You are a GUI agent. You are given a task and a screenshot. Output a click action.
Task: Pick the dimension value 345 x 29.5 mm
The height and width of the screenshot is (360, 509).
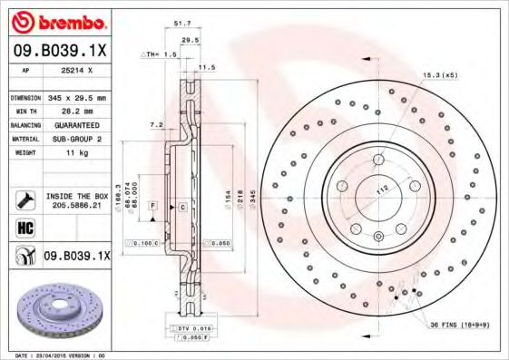(76, 97)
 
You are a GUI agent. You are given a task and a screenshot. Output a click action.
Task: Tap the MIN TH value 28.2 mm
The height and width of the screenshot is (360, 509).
(76, 111)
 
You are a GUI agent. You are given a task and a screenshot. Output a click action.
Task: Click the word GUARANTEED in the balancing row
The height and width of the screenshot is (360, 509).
(76, 125)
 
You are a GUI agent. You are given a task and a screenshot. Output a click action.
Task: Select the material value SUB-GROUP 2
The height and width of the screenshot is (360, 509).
(76, 139)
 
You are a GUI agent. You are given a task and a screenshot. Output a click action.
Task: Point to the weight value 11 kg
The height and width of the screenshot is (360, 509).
(76, 153)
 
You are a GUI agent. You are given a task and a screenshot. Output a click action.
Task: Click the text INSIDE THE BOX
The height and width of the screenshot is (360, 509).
(76, 196)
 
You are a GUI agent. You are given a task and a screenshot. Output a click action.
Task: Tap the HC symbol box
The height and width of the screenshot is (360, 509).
(24, 226)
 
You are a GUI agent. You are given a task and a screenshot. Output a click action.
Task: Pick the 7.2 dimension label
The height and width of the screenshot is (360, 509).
(155, 124)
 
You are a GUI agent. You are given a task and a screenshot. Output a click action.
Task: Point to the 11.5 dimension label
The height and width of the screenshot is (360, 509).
(207, 67)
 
